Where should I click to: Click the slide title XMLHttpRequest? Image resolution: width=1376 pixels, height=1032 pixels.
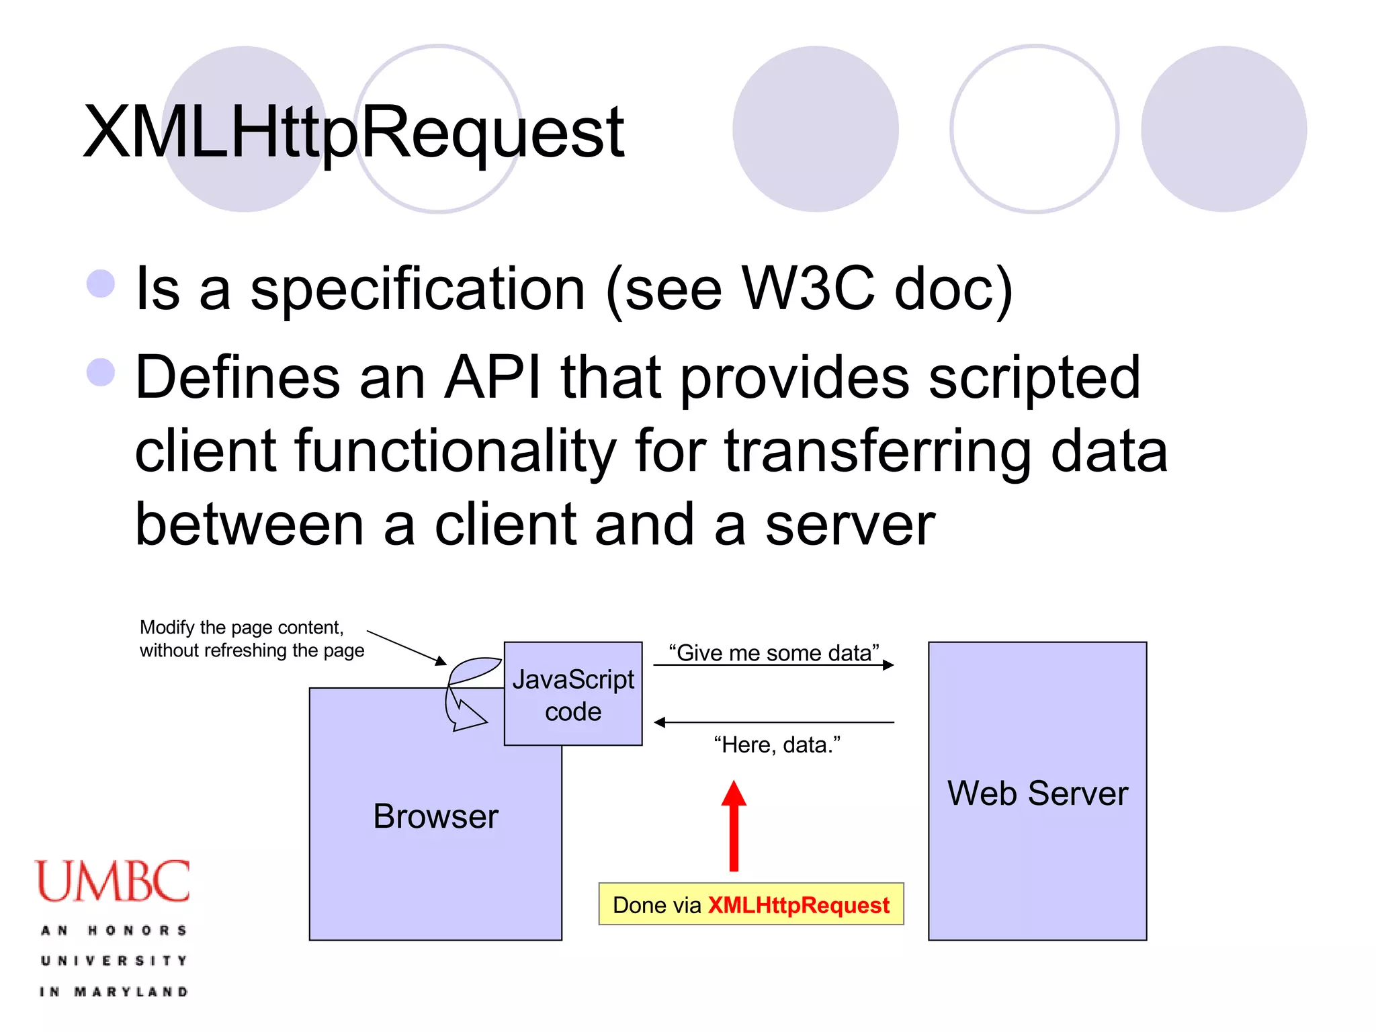[353, 132]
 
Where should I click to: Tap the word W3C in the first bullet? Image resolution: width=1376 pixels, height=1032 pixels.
[808, 289]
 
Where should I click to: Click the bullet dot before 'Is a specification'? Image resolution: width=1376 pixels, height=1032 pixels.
[101, 284]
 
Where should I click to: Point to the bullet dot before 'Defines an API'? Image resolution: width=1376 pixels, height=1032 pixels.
[101, 372]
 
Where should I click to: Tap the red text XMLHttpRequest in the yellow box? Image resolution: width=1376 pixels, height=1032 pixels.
[798, 905]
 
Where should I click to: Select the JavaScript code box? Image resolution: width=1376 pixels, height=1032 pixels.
[573, 694]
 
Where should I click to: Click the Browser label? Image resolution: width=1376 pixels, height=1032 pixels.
[435, 816]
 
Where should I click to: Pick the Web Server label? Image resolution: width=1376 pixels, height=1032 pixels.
[1037, 793]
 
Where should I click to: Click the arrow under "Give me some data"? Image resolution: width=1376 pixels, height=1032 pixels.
[773, 665]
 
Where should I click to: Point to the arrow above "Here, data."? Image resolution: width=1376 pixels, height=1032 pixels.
[773, 722]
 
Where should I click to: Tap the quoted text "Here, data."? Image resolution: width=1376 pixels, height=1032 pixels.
[777, 745]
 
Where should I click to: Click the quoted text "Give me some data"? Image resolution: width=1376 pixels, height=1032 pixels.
[773, 652]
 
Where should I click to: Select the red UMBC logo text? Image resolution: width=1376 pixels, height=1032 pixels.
[113, 881]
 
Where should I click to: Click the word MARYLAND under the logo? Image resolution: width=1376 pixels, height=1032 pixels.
[131, 992]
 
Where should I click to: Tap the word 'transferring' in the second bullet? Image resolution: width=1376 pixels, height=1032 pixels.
[877, 451]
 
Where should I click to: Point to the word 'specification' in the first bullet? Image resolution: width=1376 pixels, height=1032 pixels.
[418, 289]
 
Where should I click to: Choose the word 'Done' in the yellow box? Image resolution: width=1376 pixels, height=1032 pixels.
[638, 905]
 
